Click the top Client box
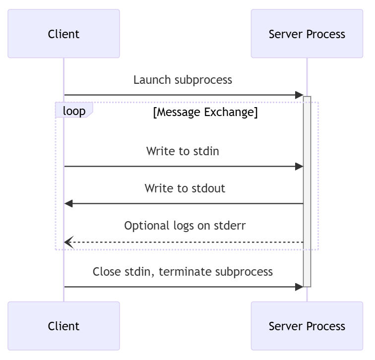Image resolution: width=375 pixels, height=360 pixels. [63, 34]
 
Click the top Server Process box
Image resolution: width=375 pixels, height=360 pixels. [307, 34]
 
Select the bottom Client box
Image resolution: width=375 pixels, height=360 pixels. [63, 326]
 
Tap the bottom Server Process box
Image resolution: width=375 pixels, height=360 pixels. [307, 326]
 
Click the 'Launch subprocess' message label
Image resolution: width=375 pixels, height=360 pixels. [183, 80]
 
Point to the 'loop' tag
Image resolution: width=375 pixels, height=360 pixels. [74, 111]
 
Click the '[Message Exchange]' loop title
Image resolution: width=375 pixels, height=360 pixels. [205, 112]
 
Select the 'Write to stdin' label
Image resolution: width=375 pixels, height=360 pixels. [183, 151]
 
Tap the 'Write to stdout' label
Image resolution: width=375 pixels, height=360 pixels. [185, 188]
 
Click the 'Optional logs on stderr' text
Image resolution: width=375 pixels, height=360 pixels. [185, 226]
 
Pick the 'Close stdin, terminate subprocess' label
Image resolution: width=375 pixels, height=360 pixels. [183, 272]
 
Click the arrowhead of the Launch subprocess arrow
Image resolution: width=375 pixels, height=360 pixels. [299, 95]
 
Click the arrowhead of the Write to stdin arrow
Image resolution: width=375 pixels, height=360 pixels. [299, 167]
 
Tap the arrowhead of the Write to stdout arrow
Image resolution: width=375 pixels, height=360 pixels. [68, 203]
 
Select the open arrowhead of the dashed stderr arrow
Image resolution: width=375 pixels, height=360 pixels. [68, 242]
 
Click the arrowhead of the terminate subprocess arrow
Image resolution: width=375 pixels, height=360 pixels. [299, 287]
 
